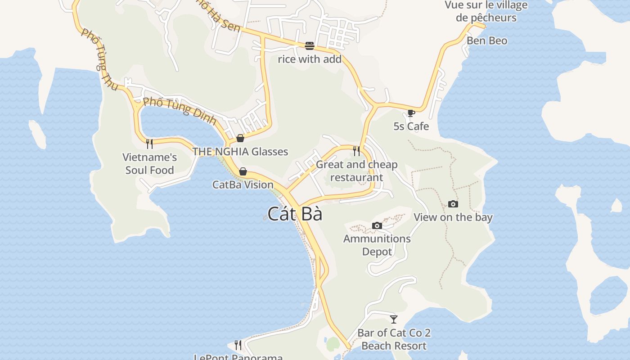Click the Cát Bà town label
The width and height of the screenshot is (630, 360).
click(x=295, y=214)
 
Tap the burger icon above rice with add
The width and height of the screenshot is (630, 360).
click(x=310, y=45)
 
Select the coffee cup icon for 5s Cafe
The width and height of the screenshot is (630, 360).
click(x=411, y=113)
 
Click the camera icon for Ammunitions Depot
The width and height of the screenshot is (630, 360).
click(x=377, y=225)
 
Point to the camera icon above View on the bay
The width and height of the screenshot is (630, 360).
click(x=453, y=204)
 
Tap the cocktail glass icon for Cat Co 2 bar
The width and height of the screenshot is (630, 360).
click(x=394, y=319)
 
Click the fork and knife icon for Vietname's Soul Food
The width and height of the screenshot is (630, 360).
click(x=149, y=144)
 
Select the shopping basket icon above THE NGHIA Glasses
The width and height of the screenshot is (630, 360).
click(x=240, y=138)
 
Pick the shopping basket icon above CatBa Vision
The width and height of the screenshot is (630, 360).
click(x=243, y=171)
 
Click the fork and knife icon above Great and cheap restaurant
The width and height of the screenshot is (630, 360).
click(x=356, y=151)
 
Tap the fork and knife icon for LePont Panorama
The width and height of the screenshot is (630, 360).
click(x=238, y=345)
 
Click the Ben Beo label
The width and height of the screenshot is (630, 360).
click(x=487, y=41)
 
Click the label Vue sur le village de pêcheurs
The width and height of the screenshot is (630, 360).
click(x=486, y=12)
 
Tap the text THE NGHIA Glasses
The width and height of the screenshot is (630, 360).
click(x=240, y=152)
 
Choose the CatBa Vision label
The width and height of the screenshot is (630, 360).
click(x=243, y=184)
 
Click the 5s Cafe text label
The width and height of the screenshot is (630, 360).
click(x=411, y=126)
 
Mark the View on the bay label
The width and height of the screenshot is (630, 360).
click(x=453, y=217)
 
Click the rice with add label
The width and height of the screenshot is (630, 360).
click(x=310, y=59)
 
